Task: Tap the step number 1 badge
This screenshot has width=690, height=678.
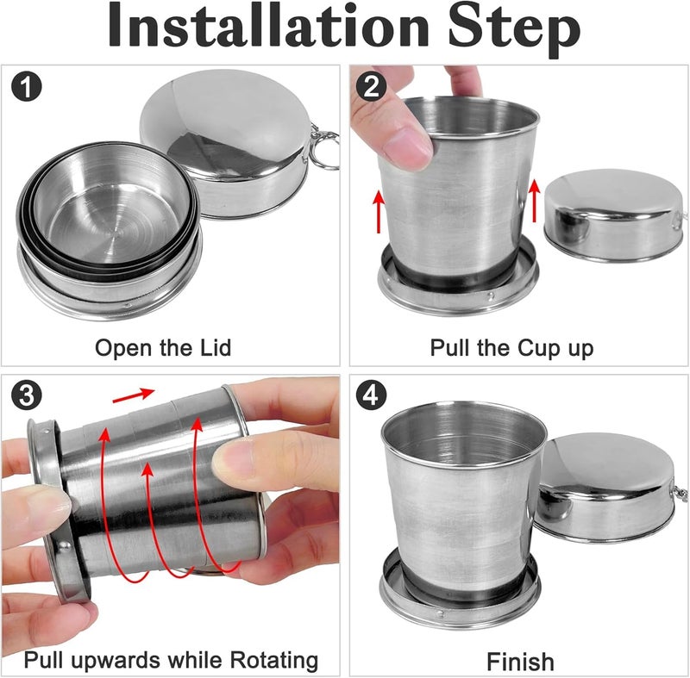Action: [x=28, y=87]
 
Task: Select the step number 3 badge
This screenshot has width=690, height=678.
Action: [x=28, y=395]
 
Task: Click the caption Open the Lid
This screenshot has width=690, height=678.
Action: [x=163, y=348]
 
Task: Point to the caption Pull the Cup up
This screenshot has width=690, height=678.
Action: [x=511, y=348]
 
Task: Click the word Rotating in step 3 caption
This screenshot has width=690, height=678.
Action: [x=266, y=661]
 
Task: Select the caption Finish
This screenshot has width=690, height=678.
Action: [x=519, y=662]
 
